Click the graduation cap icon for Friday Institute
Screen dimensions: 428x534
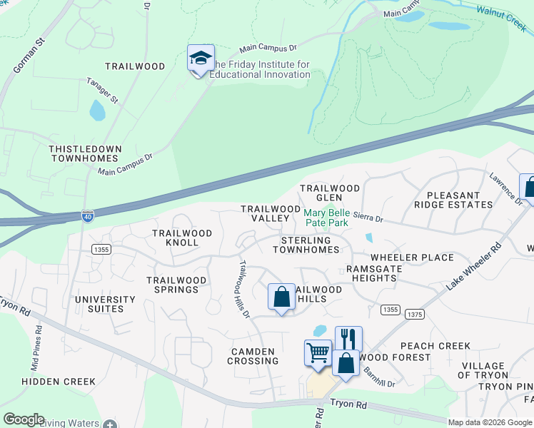click(x=201, y=58)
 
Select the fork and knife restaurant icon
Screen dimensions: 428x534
click(x=348, y=339)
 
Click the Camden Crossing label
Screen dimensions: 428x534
click(x=252, y=356)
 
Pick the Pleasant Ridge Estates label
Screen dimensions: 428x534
click(x=459, y=200)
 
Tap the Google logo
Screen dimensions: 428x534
click(x=24, y=419)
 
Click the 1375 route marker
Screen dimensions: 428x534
click(x=414, y=314)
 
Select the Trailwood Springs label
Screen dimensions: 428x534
click(x=176, y=285)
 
